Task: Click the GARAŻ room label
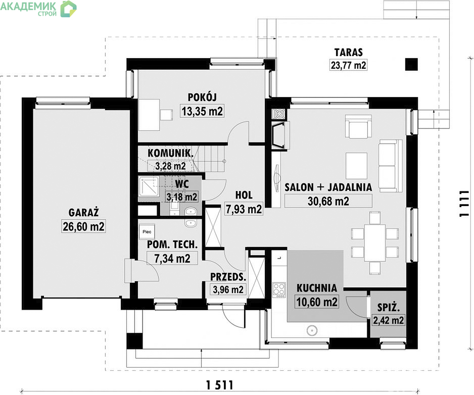(84, 212)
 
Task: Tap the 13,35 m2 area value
(202, 111)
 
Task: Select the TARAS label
(348, 53)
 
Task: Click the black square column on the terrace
(411, 64)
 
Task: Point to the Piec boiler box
(147, 232)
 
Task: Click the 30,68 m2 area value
(328, 201)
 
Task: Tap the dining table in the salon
(375, 242)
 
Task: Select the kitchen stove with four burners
(279, 289)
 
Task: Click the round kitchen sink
(312, 330)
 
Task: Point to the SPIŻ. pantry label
(389, 308)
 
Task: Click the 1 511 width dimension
(220, 385)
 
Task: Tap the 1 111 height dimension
(464, 204)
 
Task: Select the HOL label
(244, 195)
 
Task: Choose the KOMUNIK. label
(170, 153)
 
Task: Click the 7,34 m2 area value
(172, 259)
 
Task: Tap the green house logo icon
(68, 9)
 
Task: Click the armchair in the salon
(358, 126)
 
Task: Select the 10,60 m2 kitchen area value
(317, 302)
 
